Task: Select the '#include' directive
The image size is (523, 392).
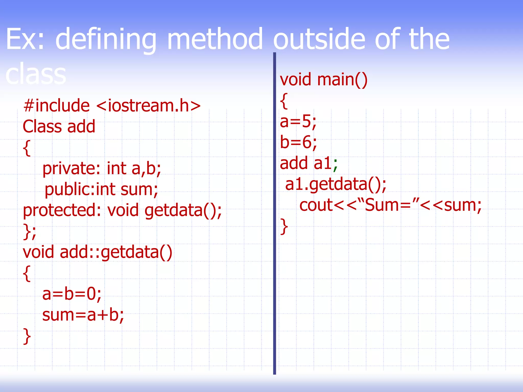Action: click(x=56, y=105)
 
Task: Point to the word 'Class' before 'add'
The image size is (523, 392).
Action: click(x=42, y=126)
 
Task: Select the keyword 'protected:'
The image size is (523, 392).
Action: click(x=62, y=210)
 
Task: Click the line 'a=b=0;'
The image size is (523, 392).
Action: click(x=72, y=294)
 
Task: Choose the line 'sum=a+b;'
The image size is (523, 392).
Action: click(x=83, y=315)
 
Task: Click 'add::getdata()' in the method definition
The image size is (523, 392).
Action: click(x=116, y=252)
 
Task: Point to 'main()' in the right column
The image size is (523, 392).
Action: click(x=342, y=80)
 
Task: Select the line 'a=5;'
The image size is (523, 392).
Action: click(x=298, y=121)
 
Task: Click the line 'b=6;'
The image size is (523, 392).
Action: click(x=298, y=142)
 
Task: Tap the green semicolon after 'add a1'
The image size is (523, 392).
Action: click(x=335, y=165)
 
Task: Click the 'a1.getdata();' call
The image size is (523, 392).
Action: click(x=336, y=184)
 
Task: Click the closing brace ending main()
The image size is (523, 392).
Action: click(x=284, y=226)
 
